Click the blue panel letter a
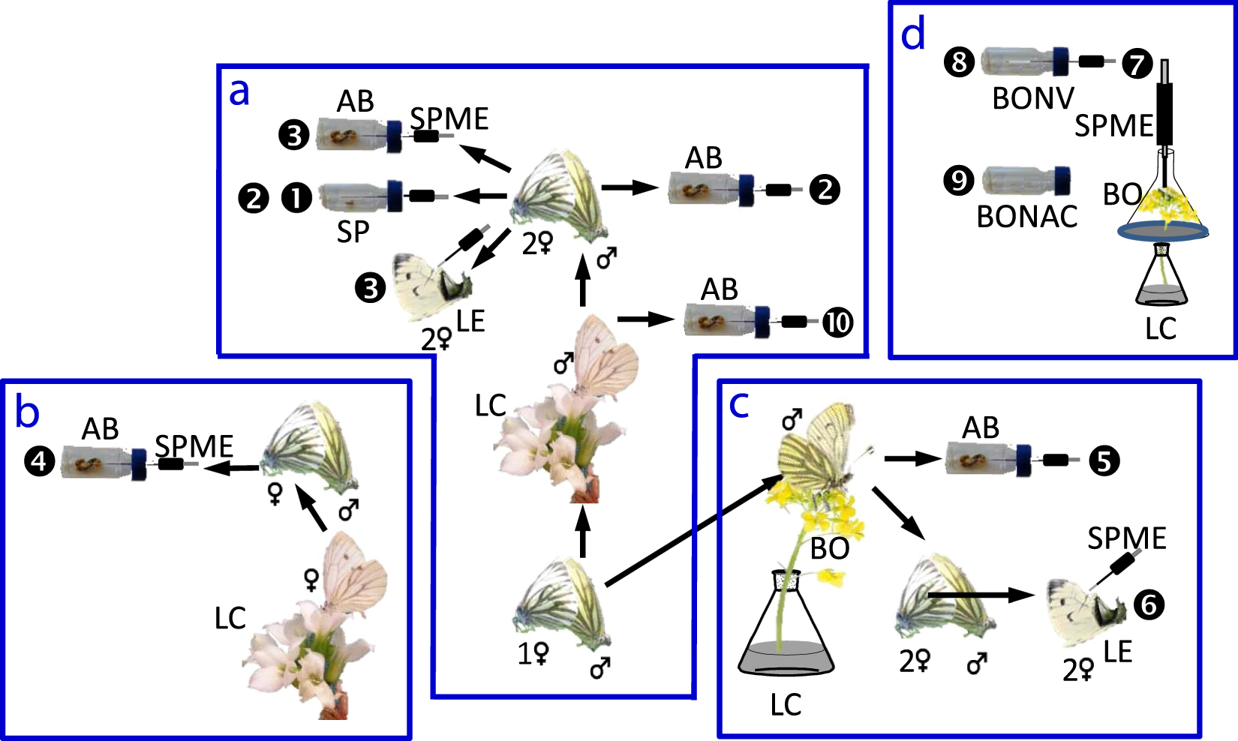pos(239,92)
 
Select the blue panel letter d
pos(913,34)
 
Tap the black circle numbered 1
pos(296,198)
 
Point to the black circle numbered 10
pos(838,322)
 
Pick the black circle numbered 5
pos(1104,460)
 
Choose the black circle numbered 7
pos(1137,63)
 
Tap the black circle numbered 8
pos(959,61)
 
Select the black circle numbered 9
pos(958,181)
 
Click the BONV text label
pos(1033,98)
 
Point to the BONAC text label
pos(1026,217)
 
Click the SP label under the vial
pos(353,232)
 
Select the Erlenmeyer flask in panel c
pos(786,630)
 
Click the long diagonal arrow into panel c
pos(694,529)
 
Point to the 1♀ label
pos(533,654)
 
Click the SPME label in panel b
pos(194,446)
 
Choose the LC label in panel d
pos(1161,328)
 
